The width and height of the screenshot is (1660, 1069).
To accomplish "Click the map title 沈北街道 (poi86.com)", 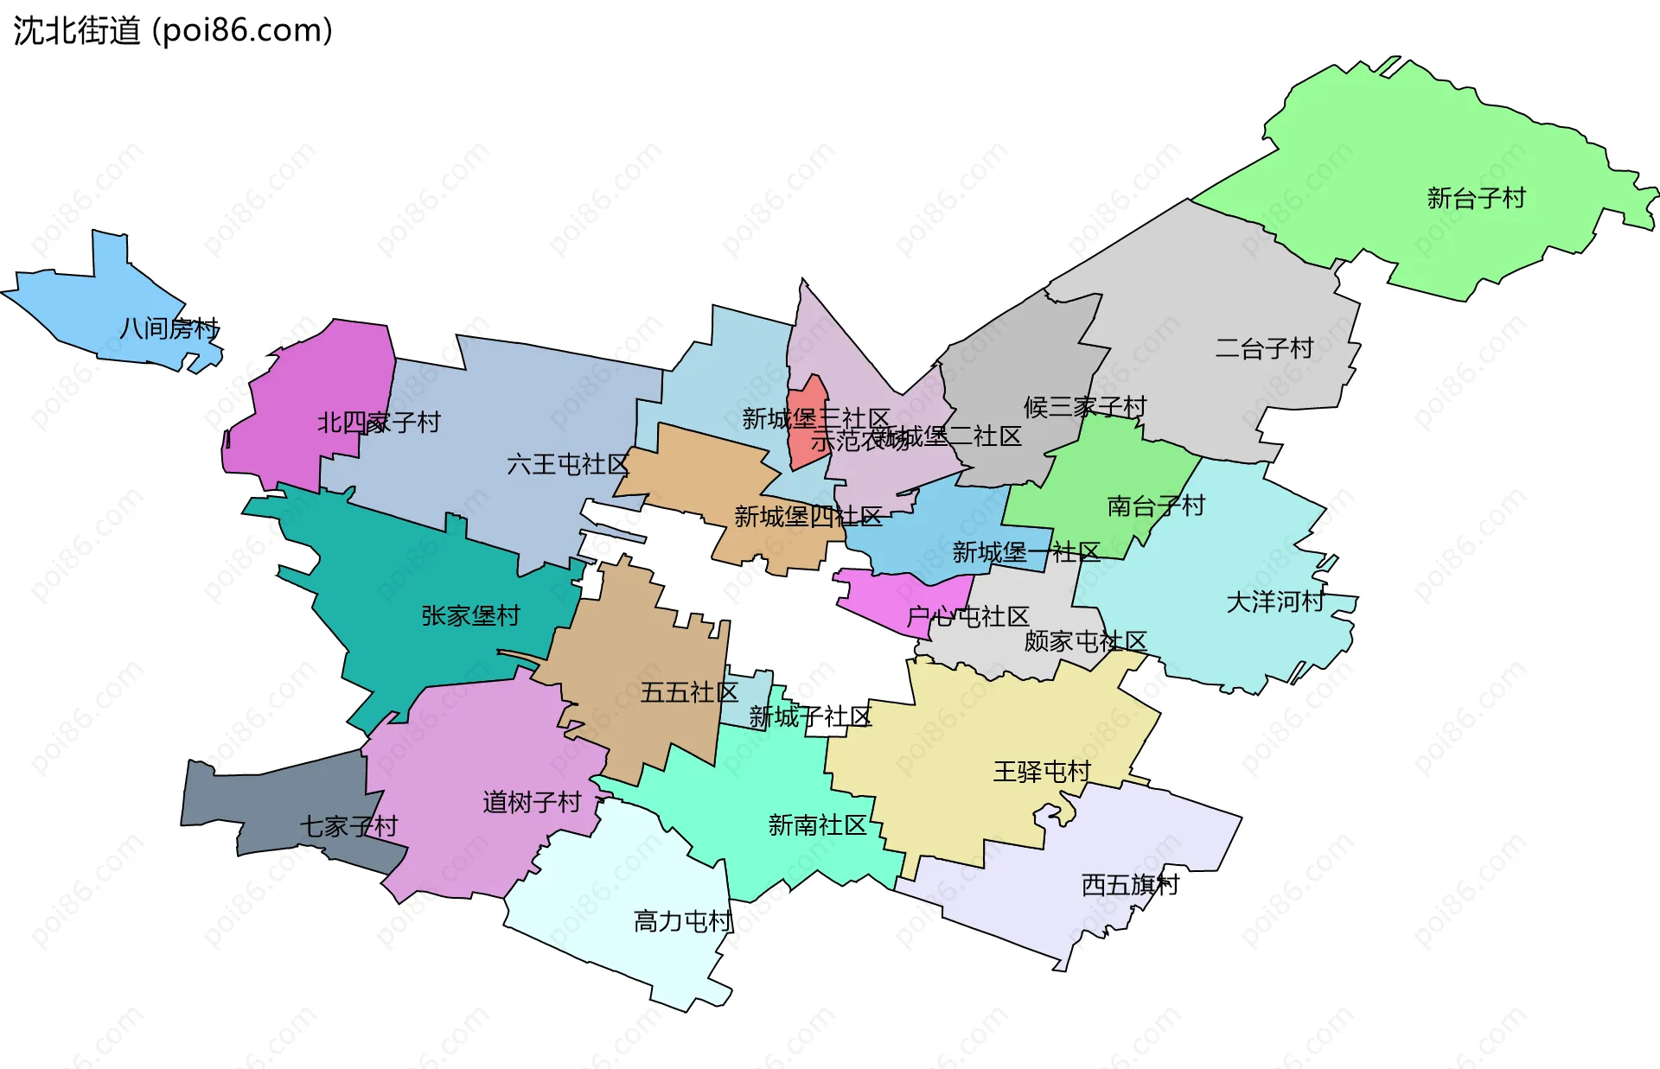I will point(173,30).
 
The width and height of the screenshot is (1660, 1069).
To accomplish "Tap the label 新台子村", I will point(1476,199).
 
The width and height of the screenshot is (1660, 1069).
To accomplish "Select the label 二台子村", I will point(1264,348).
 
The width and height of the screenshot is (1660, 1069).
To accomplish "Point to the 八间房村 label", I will point(169,328).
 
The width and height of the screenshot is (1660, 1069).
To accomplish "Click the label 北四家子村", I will point(379,423).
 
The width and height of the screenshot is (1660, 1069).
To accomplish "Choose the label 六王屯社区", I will point(567,465).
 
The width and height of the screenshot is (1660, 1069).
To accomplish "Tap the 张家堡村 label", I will point(470,615).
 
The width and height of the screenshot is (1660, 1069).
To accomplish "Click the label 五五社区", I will point(689,692).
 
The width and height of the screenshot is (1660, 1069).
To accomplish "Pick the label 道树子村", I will point(532,802).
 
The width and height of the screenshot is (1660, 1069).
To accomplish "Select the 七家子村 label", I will point(348,826).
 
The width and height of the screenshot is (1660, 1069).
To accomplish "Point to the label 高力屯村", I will point(683,921).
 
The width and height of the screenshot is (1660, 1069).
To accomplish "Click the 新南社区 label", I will point(817,825).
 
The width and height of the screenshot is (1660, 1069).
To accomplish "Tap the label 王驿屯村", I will point(1042,771).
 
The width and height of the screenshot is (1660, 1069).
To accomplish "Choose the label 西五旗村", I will point(1130,885).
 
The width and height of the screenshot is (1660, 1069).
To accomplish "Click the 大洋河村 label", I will point(1275,601).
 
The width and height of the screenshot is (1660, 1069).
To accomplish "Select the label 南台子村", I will point(1156,506).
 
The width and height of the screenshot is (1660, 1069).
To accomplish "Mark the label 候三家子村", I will point(1085,406).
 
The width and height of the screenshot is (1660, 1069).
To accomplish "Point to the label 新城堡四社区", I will point(808,517).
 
